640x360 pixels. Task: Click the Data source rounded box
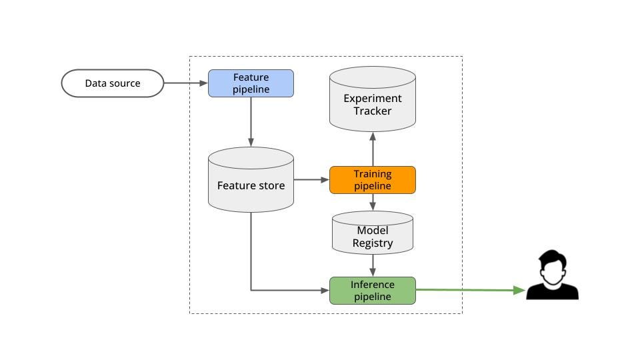coord(112,83)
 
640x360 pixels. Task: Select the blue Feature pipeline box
coord(251,83)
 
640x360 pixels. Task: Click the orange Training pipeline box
coord(372,180)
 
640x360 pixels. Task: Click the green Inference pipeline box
coord(372,291)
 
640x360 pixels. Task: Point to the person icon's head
coord(553,267)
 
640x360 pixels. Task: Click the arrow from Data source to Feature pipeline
coord(186,83)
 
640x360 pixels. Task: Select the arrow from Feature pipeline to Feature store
coord(251,121)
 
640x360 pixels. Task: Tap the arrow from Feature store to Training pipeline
coord(311,180)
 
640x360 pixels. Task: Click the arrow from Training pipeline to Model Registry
coord(373,202)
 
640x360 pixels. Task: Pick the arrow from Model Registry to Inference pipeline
coord(373,265)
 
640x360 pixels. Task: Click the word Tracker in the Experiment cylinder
coord(373,111)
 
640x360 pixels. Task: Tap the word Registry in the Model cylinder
coord(373,243)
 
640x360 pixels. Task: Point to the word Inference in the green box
coord(373,285)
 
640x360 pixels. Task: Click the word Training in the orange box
coord(373,174)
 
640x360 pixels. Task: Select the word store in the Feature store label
coord(271,185)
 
